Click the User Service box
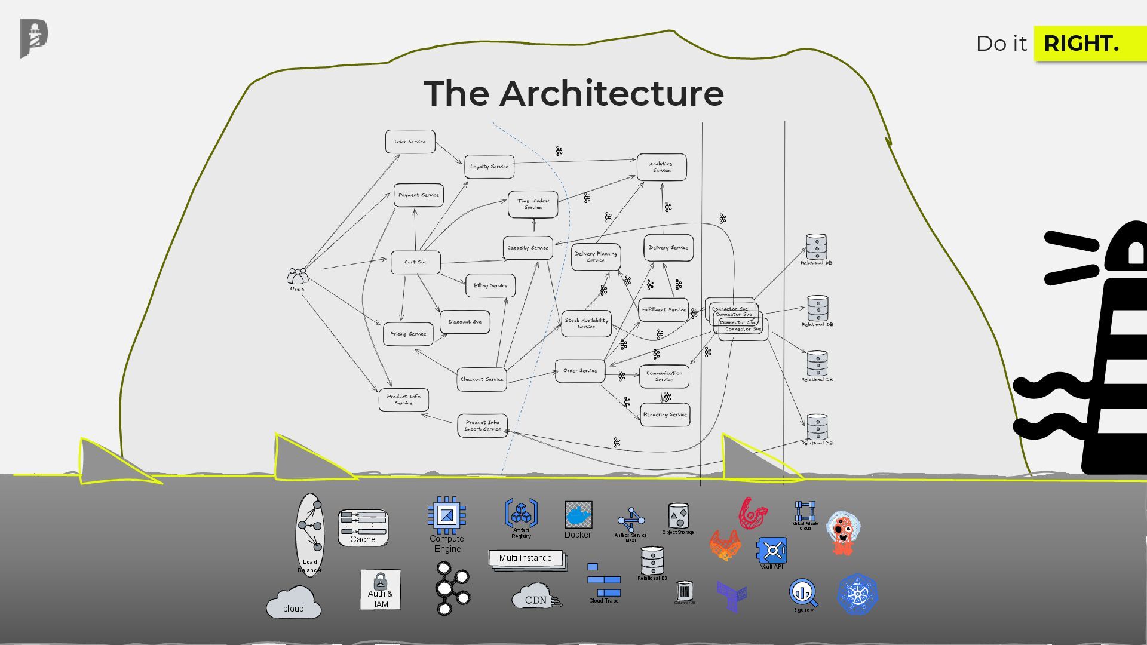coord(410,142)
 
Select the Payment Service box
coord(418,195)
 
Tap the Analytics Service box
coord(661,167)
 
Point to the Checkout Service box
coord(482,379)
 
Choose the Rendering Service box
coord(665,414)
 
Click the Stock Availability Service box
coord(586,323)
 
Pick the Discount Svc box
coord(465,322)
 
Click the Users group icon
coord(298,277)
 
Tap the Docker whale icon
coord(578,515)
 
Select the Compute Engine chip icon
coord(446,515)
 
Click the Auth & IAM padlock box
coord(381,589)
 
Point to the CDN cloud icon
coord(535,598)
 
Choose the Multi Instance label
coord(526,558)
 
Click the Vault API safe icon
coord(772,550)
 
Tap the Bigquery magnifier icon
coord(803,592)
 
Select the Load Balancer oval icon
coord(310,532)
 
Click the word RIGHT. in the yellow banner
coord(1081,44)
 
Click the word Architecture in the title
coord(612,94)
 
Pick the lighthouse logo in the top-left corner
coord(34,38)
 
